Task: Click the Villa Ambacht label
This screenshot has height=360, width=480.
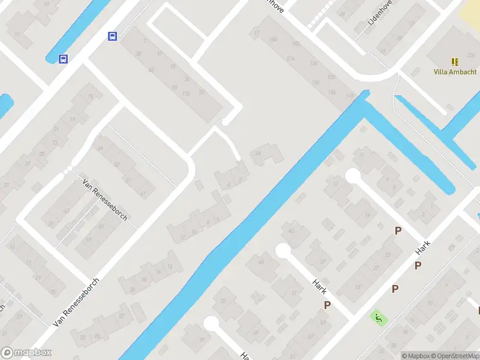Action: tap(455, 71)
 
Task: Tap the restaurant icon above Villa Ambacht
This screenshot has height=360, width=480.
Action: tap(455, 61)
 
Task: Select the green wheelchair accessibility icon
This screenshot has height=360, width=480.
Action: tap(377, 317)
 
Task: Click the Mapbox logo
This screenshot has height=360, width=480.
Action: tap(26, 353)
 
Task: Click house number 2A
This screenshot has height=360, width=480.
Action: tap(259, 154)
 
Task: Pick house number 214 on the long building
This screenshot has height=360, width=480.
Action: tap(291, 58)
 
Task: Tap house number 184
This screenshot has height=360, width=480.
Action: tap(274, 40)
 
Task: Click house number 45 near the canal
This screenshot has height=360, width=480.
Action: tap(260, 262)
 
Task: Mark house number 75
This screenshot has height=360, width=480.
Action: tap(224, 299)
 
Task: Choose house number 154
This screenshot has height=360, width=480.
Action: tap(332, 91)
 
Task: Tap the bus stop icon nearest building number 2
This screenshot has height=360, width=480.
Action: tap(112, 36)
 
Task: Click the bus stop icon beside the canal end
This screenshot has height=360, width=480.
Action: tap(63, 59)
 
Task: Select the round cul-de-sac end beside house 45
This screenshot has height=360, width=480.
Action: tap(283, 250)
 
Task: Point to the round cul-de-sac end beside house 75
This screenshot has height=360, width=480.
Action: tap(211, 323)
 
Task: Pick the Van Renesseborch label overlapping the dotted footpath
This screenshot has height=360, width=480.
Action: tap(105, 200)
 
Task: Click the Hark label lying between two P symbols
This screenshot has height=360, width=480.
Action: tap(423, 247)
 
